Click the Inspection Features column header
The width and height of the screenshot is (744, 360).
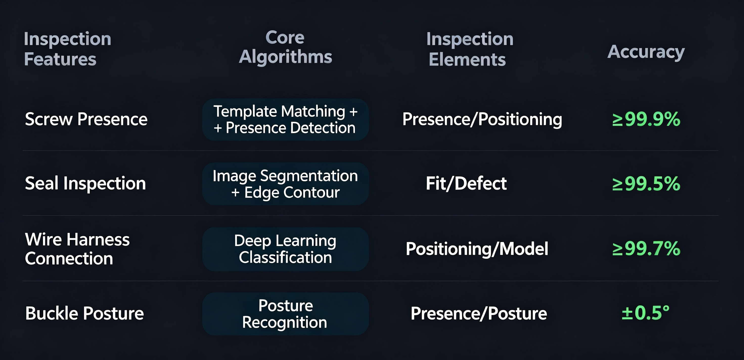pyautogui.click(x=67, y=49)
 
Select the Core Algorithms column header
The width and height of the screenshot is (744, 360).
pyautogui.click(x=285, y=47)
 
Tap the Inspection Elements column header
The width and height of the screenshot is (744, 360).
pyautogui.click(x=470, y=49)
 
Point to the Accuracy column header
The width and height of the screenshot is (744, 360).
pyautogui.click(x=646, y=52)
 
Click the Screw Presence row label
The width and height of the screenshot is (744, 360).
pyautogui.click(x=86, y=119)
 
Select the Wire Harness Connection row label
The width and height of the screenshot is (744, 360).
pyautogui.click(x=77, y=249)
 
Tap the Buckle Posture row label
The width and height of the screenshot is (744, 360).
pyautogui.click(x=84, y=313)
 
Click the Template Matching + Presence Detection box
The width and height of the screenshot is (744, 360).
pyautogui.click(x=285, y=119)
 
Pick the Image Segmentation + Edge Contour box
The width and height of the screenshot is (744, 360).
pyautogui.click(x=285, y=184)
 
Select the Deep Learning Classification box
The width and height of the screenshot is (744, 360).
pyautogui.click(x=285, y=249)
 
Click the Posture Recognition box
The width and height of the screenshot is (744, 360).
pyautogui.click(x=285, y=314)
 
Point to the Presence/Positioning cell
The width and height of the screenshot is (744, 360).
pyautogui.click(x=482, y=119)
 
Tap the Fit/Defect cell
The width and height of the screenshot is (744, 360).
pyautogui.click(x=466, y=183)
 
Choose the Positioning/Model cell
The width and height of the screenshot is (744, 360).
pyautogui.click(x=477, y=249)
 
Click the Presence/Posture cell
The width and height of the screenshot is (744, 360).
pyautogui.click(x=479, y=313)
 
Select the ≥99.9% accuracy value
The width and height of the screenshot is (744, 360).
pyautogui.click(x=646, y=119)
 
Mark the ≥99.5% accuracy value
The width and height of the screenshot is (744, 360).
pyautogui.click(x=646, y=183)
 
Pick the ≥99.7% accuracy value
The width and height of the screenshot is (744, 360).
pyautogui.click(x=646, y=248)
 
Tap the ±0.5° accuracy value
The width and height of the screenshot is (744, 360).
pyautogui.click(x=645, y=313)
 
